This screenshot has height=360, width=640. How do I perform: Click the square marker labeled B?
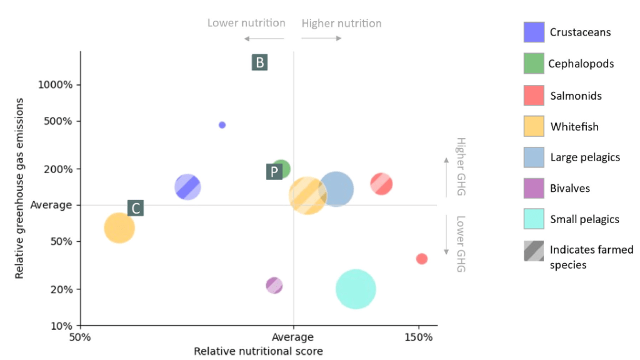pyautogui.click(x=259, y=62)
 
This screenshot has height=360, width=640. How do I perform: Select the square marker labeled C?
pyautogui.click(x=136, y=208)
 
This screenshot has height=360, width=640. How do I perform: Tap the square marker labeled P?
pyautogui.click(x=274, y=172)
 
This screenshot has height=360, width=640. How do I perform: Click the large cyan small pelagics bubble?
pyautogui.click(x=356, y=289)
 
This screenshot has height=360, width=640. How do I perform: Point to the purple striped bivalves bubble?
pyautogui.click(x=274, y=286)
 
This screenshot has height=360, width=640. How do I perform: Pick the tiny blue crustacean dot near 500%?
pyautogui.click(x=222, y=125)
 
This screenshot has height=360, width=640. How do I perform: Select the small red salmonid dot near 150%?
pyautogui.click(x=422, y=259)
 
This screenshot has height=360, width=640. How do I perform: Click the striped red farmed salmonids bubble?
pyautogui.click(x=381, y=184)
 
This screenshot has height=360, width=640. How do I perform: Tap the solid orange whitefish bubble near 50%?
pyautogui.click(x=119, y=227)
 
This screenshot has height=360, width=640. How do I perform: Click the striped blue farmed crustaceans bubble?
pyautogui.click(x=187, y=186)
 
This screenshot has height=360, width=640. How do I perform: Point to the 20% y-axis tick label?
pyautogui.click(x=62, y=289)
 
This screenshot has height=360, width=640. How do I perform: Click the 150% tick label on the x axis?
pyautogui.click(x=419, y=337)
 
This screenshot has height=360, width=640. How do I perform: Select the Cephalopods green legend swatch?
pyautogui.click(x=534, y=63)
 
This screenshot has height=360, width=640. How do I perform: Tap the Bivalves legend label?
pyautogui.click(x=569, y=188)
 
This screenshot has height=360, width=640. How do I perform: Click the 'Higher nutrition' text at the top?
pyautogui.click(x=341, y=24)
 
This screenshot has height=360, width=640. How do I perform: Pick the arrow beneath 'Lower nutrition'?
pyautogui.click(x=263, y=39)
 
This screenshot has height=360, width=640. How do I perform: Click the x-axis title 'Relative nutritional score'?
pyautogui.click(x=258, y=351)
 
